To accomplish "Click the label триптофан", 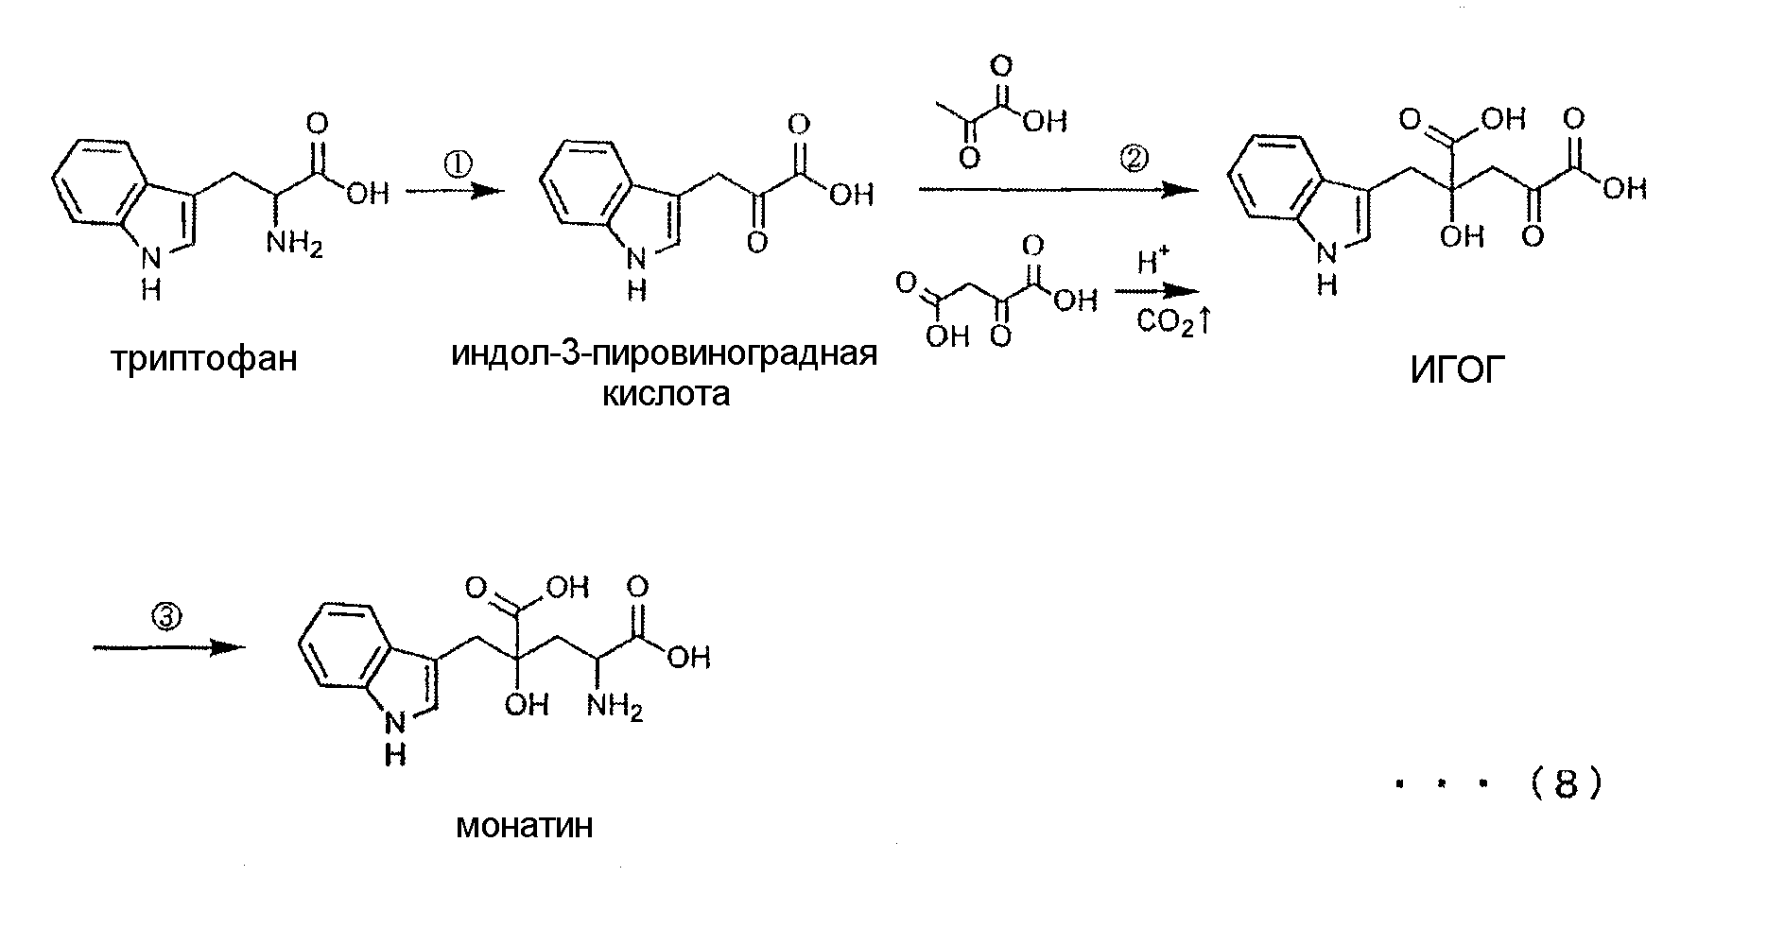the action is click(x=204, y=360).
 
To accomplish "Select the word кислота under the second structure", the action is click(x=667, y=393).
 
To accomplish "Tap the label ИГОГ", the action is click(x=1456, y=371).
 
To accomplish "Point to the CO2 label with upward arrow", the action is click(x=1173, y=323).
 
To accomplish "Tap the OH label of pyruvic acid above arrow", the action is click(x=1045, y=120).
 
